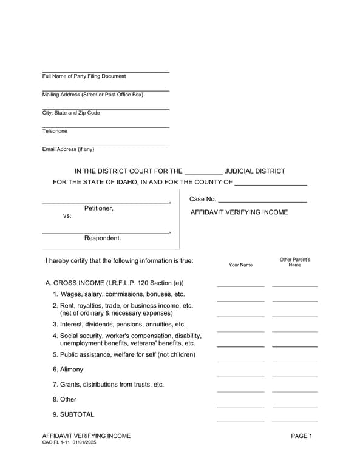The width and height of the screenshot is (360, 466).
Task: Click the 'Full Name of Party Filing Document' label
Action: pyautogui.click(x=84, y=76)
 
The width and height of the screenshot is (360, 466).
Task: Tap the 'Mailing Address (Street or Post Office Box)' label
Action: pyautogui.click(x=92, y=95)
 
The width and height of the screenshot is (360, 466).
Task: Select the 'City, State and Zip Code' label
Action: pyautogui.click(x=71, y=113)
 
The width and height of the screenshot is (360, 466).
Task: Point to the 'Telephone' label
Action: pyautogui.click(x=55, y=131)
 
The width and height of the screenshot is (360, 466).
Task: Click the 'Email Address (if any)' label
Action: pyautogui.click(x=68, y=149)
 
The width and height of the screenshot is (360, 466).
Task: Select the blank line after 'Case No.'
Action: pyautogui.click(x=262, y=200)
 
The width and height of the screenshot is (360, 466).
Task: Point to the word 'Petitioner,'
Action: pyautogui.click(x=99, y=208)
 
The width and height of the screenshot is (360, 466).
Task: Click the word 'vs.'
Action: pyautogui.click(x=67, y=215)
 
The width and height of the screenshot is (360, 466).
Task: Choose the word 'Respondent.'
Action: pyautogui.click(x=103, y=238)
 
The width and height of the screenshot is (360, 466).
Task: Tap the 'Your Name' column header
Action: pyautogui.click(x=240, y=265)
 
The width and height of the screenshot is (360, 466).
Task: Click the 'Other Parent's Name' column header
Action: pyautogui.click(x=294, y=262)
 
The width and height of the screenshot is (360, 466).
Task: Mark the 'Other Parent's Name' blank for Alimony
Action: pyautogui.click(x=294, y=376)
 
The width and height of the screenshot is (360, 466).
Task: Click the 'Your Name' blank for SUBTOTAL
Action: pyautogui.click(x=240, y=420)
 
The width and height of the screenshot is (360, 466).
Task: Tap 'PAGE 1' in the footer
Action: pyautogui.click(x=301, y=436)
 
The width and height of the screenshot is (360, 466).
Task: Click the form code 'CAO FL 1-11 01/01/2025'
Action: pyautogui.click(x=69, y=443)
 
